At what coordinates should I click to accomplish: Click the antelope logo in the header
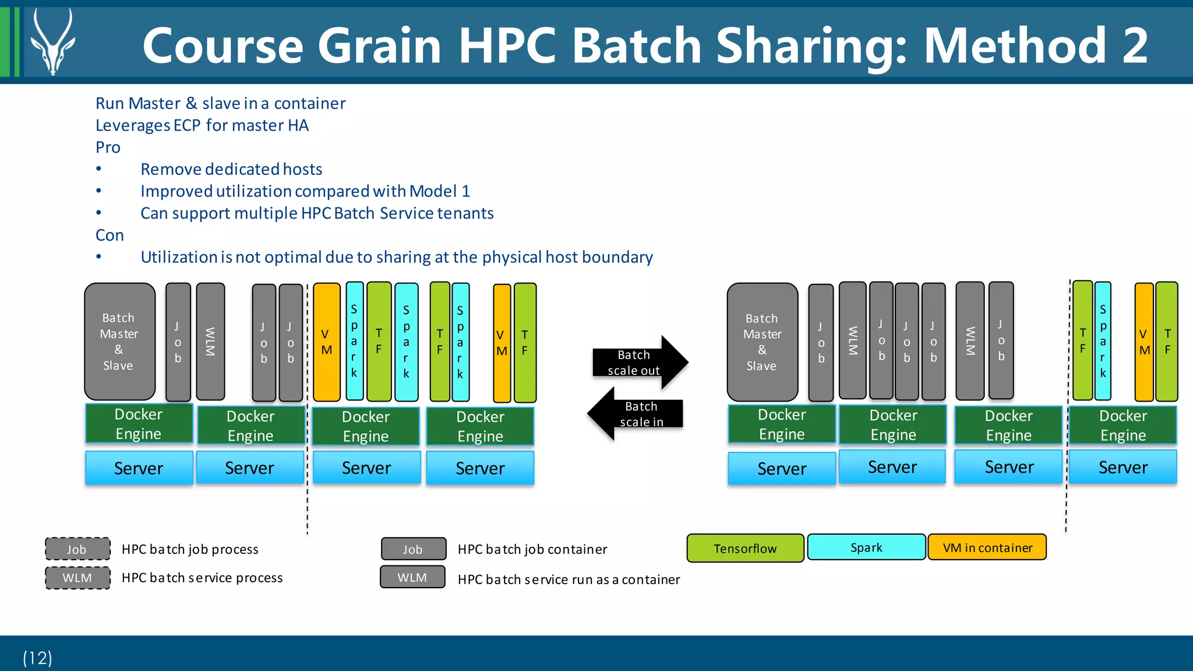(x=52, y=42)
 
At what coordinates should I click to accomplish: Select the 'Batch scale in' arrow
(x=636, y=414)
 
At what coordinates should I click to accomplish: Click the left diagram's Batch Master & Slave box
(x=119, y=342)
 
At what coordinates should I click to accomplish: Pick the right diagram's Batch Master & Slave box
(x=762, y=342)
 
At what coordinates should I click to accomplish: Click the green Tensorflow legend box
(x=745, y=548)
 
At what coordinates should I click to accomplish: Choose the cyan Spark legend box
(x=866, y=547)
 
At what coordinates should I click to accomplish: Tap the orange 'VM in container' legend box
(x=987, y=547)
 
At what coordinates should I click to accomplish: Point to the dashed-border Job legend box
(x=77, y=549)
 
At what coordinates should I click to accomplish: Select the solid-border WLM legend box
(x=412, y=577)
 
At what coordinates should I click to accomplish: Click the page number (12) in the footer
(x=37, y=658)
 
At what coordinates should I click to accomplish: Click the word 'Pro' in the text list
(x=108, y=147)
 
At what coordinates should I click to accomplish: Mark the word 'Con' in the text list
(x=110, y=236)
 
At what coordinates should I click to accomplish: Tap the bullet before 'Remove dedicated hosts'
(x=99, y=169)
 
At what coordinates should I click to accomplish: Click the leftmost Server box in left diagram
(x=139, y=468)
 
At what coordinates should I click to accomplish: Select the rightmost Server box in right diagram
(x=1123, y=467)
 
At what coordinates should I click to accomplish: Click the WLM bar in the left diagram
(x=210, y=342)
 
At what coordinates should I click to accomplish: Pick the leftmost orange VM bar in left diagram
(x=326, y=342)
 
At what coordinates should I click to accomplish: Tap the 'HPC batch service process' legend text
(x=202, y=578)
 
